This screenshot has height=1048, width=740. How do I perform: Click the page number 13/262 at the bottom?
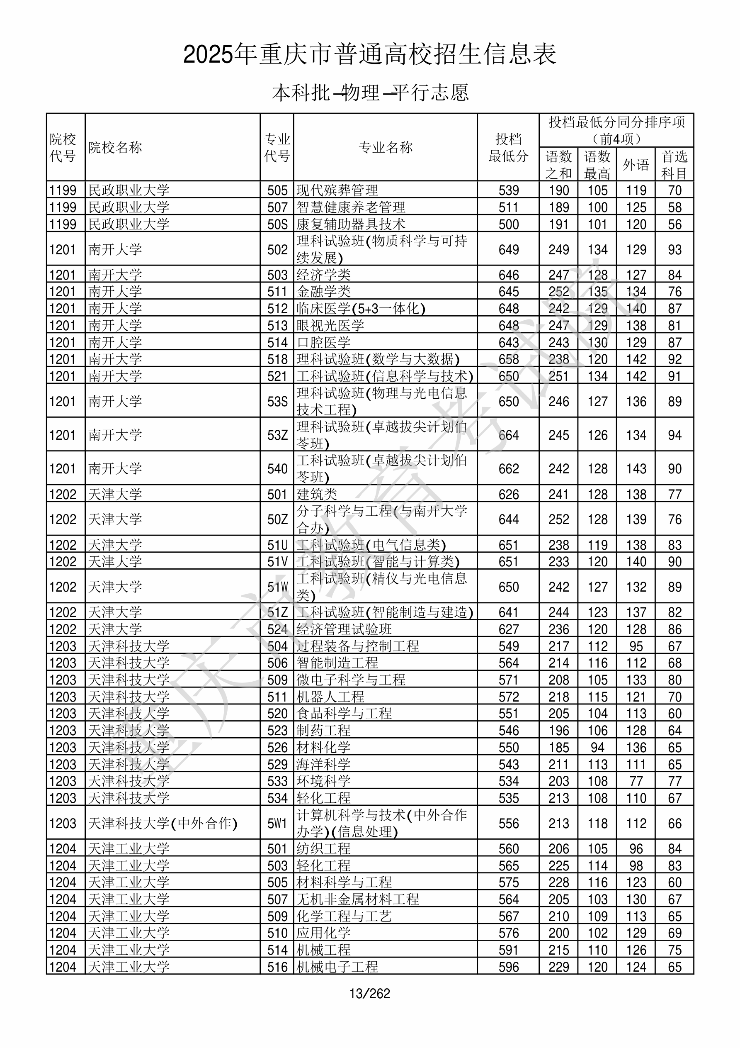(369, 993)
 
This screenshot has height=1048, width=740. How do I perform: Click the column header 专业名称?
(386, 147)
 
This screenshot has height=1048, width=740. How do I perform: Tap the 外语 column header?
(636, 164)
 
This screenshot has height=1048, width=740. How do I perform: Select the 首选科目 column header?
(674, 164)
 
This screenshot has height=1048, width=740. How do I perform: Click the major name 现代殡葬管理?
(337, 190)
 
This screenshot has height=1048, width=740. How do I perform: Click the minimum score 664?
(508, 435)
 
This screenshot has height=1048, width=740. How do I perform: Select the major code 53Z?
(277, 435)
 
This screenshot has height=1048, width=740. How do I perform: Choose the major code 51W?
(277, 587)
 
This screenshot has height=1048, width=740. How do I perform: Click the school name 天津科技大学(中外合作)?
(163, 824)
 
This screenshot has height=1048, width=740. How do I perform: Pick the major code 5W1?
(277, 824)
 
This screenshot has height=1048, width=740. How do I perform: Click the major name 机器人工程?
(330, 697)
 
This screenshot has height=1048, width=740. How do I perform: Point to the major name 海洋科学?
(323, 764)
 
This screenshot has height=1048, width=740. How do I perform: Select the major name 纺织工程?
(323, 848)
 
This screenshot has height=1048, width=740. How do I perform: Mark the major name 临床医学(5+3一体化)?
(360, 309)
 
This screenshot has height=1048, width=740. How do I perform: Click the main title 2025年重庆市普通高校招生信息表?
(369, 54)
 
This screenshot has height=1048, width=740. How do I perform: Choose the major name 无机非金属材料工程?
(358, 899)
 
